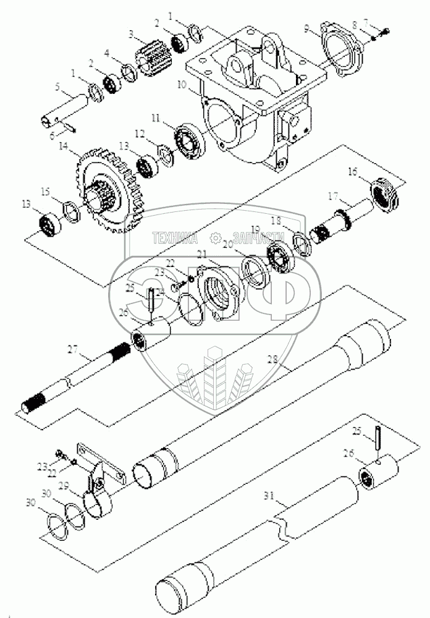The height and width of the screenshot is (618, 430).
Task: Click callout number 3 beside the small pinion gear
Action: click(x=132, y=33)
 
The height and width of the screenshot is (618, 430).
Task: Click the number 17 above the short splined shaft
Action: click(x=333, y=197)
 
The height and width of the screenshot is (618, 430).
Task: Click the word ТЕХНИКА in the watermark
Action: click(x=175, y=237)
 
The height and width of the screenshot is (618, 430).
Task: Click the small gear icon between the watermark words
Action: click(x=215, y=237)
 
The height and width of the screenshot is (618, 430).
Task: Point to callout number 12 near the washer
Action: click(x=140, y=133)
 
